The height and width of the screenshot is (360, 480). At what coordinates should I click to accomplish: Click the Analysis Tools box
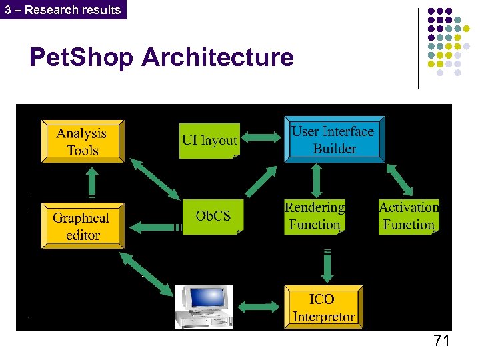click(83, 141)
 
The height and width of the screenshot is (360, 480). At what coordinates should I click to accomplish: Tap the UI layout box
click(209, 140)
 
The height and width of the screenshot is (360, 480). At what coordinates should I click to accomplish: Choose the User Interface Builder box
click(333, 140)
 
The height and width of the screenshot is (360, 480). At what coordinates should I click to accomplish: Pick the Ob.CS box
click(213, 216)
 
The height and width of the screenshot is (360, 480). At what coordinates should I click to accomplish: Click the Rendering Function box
click(314, 216)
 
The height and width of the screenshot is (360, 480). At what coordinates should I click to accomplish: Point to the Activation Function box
click(409, 216)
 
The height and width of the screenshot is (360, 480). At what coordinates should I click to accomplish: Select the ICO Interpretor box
click(323, 307)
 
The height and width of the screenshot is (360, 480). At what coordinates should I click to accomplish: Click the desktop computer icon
click(203, 307)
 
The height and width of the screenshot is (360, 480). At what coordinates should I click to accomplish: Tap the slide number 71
click(441, 341)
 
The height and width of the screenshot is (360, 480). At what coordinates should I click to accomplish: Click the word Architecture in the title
click(217, 57)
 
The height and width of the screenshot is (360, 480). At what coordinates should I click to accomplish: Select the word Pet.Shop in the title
click(82, 57)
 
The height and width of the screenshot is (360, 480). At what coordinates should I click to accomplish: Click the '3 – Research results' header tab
click(63, 9)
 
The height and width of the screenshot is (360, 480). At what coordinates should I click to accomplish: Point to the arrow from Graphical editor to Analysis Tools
click(92, 181)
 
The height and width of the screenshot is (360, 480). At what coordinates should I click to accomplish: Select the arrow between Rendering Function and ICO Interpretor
click(327, 265)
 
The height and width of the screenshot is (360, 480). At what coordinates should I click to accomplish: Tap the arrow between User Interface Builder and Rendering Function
click(317, 181)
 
